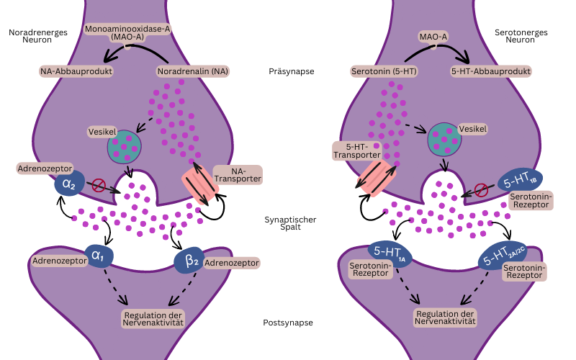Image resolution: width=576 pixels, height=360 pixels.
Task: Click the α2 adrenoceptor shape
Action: pyautogui.click(x=69, y=184)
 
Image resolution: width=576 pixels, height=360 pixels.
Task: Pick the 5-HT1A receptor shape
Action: pyautogui.click(x=390, y=251)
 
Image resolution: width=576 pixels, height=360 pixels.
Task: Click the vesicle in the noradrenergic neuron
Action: pyautogui.click(x=125, y=146)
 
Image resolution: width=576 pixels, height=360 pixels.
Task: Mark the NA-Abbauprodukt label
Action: pyautogui.click(x=77, y=71)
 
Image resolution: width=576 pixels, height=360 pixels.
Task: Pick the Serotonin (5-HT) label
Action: pyautogui.click(x=384, y=71)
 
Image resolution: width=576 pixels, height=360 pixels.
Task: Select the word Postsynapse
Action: pyautogui.click(x=288, y=322)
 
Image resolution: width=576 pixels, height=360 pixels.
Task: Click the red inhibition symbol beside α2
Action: pyautogui.click(x=99, y=186)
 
